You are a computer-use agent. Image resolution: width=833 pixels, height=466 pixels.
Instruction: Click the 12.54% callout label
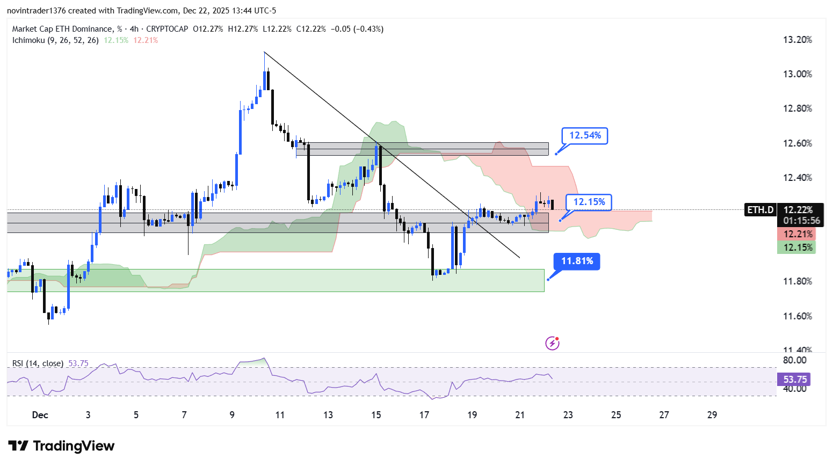coord(585,135)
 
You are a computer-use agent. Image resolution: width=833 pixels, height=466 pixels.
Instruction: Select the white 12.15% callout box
coord(589,202)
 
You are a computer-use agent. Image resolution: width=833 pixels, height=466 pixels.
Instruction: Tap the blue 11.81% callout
coord(577,261)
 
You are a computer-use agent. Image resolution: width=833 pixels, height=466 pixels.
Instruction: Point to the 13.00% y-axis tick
coord(797,74)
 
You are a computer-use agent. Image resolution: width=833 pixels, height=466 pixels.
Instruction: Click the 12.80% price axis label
coord(797,108)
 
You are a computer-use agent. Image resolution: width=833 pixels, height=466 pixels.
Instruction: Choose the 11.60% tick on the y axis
coord(797,316)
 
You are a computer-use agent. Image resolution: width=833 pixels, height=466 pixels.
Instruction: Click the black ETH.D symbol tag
coord(760,210)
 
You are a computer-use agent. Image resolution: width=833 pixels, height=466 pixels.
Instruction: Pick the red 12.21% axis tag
coord(796,234)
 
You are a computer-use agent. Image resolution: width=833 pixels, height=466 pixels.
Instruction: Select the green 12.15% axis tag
coord(796,247)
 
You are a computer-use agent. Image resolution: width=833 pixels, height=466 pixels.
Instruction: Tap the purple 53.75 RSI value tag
coord(794,380)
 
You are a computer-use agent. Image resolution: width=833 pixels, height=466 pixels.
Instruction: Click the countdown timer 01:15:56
coord(801,221)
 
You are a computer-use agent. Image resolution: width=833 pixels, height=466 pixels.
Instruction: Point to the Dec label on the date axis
coord(40,415)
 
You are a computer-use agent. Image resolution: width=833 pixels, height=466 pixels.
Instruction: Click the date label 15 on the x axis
coord(376,415)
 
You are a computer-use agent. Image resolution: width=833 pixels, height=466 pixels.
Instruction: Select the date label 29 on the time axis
coord(712,415)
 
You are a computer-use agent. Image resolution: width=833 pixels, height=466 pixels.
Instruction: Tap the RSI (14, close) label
coord(38,363)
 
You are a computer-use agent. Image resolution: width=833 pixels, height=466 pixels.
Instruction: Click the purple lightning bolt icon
coord(552,343)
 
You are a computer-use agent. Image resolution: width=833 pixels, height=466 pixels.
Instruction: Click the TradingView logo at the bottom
coord(61,446)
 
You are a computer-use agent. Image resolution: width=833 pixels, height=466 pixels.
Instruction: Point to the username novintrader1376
coord(36,11)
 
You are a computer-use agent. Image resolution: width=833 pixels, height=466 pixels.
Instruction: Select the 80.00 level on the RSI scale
coord(794,360)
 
